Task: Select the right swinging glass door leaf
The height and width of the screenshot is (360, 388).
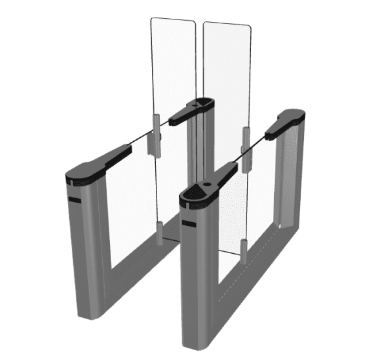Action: pos(226,78)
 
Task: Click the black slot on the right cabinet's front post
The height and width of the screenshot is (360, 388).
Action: pos(189,225)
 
